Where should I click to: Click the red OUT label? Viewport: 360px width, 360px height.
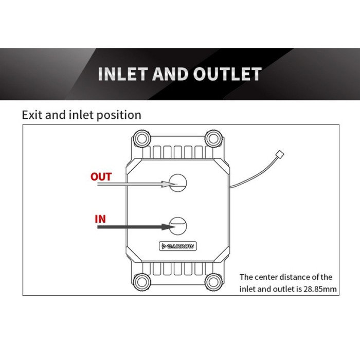pyautogui.click(x=101, y=176)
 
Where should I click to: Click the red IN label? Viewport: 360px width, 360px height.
pyautogui.click(x=100, y=219)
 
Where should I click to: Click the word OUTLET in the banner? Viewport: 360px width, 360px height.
pyautogui.click(x=227, y=74)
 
